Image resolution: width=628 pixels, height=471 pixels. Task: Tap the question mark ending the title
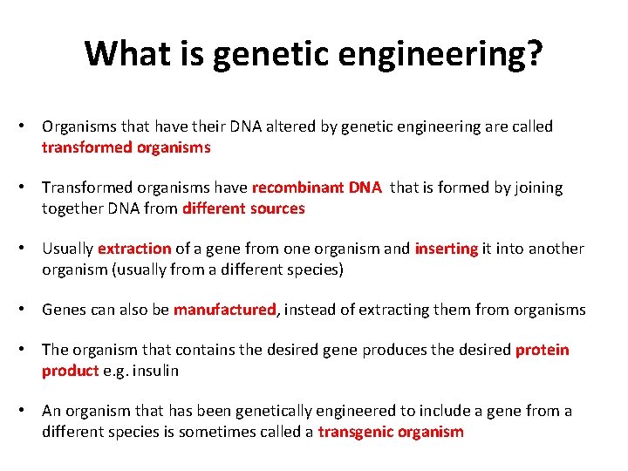pyautogui.click(x=533, y=54)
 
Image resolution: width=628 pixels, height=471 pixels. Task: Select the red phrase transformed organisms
pyautogui.click(x=126, y=147)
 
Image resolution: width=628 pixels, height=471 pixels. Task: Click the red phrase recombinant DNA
pyautogui.click(x=317, y=188)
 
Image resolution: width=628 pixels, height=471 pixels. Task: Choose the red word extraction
pyautogui.click(x=134, y=249)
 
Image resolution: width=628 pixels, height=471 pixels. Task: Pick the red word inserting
pyautogui.click(x=447, y=249)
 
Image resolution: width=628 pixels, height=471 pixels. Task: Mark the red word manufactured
pyautogui.click(x=224, y=310)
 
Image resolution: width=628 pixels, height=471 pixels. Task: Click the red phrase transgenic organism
pyautogui.click(x=391, y=432)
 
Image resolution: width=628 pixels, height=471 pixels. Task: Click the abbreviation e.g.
pyautogui.click(x=115, y=371)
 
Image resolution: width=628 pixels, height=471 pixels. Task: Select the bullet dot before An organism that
pyautogui.click(x=29, y=411)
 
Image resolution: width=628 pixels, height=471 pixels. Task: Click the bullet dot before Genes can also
pyautogui.click(x=29, y=310)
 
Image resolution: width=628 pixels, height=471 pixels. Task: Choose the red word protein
pyautogui.click(x=542, y=350)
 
